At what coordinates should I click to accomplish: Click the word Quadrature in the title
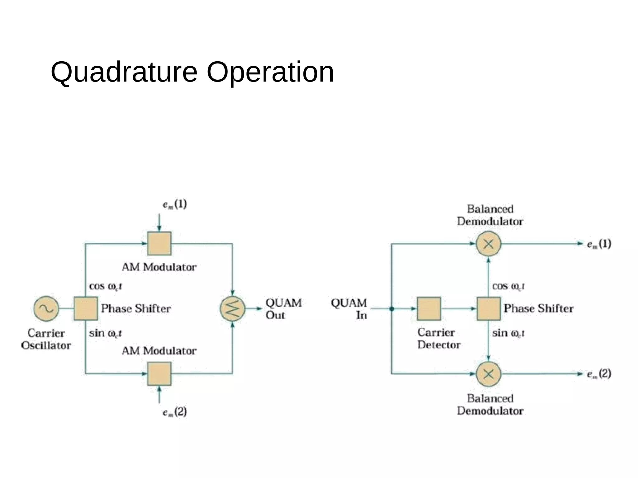124,72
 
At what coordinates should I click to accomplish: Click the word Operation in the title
270,72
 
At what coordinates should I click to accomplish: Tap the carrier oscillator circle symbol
46,308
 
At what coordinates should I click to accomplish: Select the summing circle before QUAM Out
232,308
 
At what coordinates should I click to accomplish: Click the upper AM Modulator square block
159,243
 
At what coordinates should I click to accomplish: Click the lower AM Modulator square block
159,373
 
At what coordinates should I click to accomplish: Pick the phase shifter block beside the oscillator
86,308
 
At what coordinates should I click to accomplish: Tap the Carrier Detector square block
429,308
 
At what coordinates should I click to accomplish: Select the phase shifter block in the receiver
488,308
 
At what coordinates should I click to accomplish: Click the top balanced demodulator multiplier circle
488,243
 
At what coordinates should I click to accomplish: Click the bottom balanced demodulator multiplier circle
488,373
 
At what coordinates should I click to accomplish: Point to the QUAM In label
350,309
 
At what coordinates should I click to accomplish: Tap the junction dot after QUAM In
392,309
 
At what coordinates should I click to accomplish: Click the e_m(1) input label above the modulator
175,204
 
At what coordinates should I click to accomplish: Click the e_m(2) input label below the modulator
175,412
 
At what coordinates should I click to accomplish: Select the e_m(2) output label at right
599,373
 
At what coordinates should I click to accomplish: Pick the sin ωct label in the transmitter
105,333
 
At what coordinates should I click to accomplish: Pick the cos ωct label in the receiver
508,286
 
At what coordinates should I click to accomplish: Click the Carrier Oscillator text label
46,339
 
